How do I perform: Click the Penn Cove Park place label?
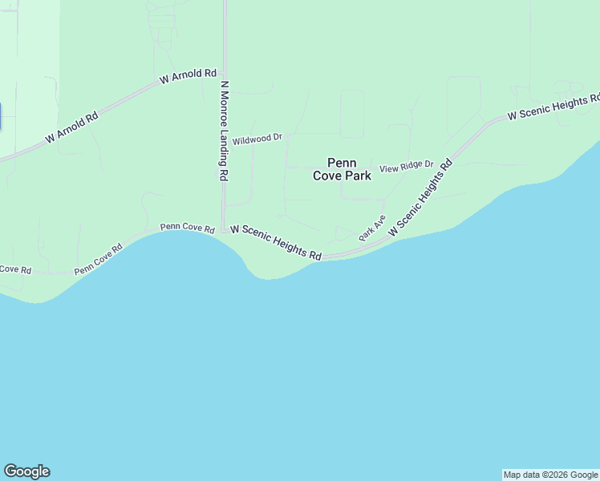342,169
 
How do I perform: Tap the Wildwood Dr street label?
257,139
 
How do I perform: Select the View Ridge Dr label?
406,168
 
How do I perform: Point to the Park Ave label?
372,227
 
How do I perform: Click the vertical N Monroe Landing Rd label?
225,130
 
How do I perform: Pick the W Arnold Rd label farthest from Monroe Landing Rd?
71,127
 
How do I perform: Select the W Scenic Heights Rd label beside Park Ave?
420,197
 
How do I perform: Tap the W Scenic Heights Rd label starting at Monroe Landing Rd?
276,241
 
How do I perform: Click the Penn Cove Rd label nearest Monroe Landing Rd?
188,228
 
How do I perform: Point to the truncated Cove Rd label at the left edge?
14,269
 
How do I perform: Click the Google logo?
26,471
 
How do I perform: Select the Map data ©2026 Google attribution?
551,475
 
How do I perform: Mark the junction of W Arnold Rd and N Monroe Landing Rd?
224,72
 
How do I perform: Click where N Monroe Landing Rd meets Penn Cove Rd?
224,228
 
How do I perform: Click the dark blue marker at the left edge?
1,117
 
